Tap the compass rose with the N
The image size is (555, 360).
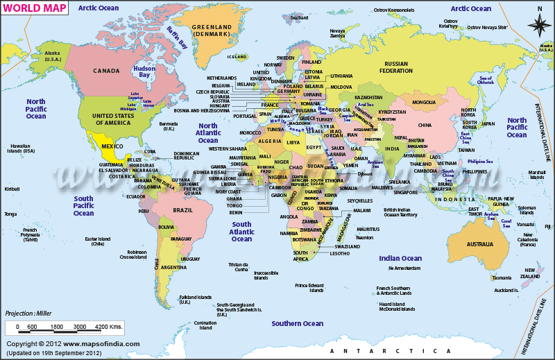[539, 24]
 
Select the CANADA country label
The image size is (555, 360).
[106, 71]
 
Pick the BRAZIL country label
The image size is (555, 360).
[183, 209]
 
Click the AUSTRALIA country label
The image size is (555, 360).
[479, 244]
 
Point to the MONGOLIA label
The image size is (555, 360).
[424, 103]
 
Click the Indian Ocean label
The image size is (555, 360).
[400, 258]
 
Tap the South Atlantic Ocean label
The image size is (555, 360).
[241, 232]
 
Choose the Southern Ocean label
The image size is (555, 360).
[297, 323]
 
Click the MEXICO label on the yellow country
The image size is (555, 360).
[112, 147]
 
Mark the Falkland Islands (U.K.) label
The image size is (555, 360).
[185, 299]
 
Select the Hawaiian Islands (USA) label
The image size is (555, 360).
[22, 148]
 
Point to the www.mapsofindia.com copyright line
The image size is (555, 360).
[72, 343]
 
